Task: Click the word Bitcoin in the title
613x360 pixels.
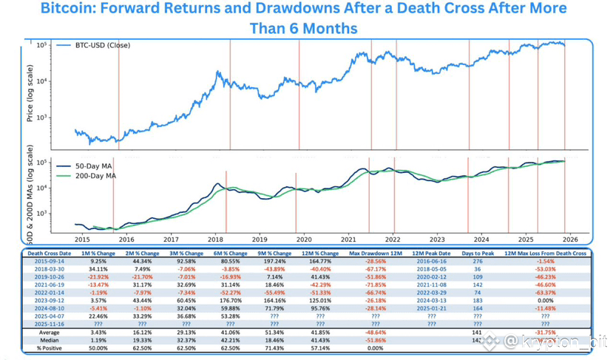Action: [67, 10]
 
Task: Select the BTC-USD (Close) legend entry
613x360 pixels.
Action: [102, 46]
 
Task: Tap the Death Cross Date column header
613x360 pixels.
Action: [51, 254]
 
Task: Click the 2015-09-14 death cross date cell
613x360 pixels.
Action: [51, 262]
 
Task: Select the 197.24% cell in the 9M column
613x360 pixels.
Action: [274, 262]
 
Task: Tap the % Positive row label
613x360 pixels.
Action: [51, 349]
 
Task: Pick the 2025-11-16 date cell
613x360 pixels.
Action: [51, 325]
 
